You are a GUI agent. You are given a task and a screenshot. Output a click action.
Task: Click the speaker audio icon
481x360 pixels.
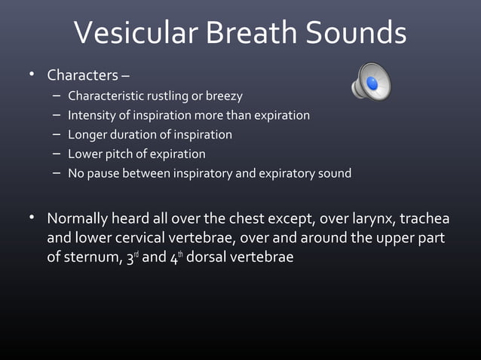pos(371,81)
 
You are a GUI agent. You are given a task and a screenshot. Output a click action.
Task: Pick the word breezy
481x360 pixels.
pos(224,96)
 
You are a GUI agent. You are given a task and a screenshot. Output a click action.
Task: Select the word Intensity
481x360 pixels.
pos(92,115)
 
